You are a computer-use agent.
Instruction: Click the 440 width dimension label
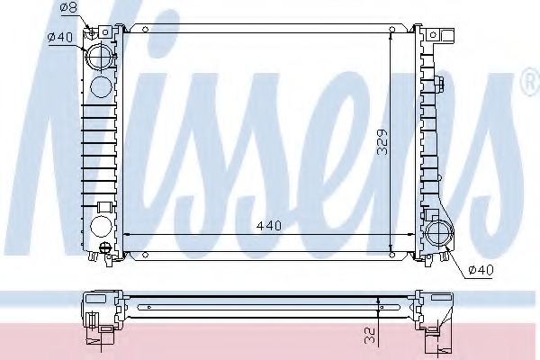[269, 226]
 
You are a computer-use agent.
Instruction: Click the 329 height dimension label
[382, 142]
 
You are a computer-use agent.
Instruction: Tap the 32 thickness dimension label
[369, 335]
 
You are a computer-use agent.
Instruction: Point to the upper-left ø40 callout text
[60, 37]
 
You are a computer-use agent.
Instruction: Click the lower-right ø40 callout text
[481, 270]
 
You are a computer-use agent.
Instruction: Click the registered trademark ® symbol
[532, 81]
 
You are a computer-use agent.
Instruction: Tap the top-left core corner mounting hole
[145, 30]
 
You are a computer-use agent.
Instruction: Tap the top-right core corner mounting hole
[391, 30]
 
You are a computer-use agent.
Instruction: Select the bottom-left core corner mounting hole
[145, 255]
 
